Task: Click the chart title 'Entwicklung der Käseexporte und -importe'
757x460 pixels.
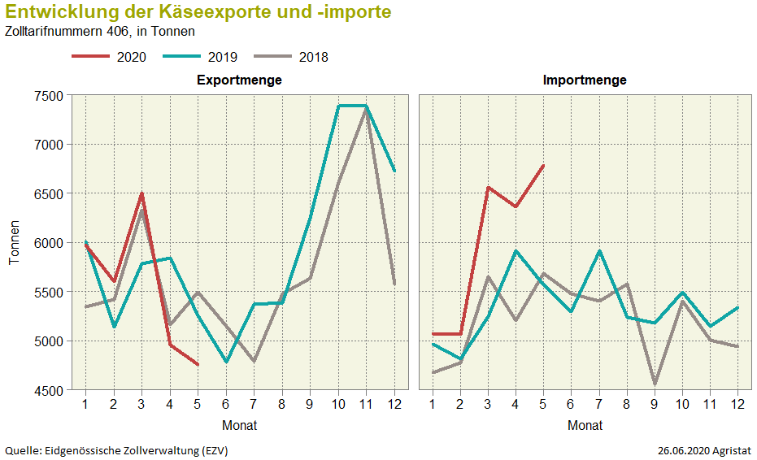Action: [198, 12]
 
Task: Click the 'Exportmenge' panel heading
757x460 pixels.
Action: [239, 80]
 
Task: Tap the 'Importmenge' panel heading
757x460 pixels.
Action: [585, 80]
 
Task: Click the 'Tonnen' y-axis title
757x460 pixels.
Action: [14, 243]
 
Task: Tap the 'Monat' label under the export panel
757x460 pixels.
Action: [239, 425]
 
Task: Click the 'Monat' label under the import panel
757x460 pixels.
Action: [585, 425]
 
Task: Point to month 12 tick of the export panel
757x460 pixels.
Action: [394, 405]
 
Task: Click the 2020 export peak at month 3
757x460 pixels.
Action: [141, 193]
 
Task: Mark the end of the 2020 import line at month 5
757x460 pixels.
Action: [543, 165]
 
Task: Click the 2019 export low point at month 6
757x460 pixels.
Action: [226, 362]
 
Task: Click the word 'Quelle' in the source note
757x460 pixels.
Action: [22, 450]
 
